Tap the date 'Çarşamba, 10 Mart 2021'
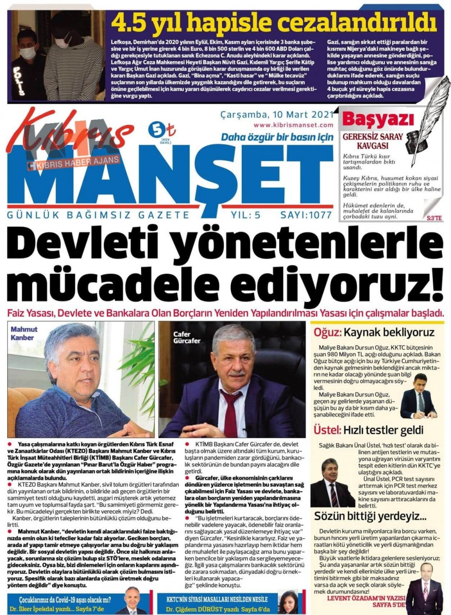click(277, 115)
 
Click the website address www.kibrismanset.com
click(293, 125)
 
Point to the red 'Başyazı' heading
click(378, 120)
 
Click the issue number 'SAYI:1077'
click(306, 215)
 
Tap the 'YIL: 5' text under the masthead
click(246, 215)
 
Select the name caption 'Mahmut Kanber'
click(24, 333)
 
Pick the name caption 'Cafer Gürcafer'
click(187, 338)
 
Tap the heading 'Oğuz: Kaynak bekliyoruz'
click(374, 333)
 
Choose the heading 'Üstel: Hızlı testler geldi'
click(368, 430)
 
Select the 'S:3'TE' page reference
click(434, 218)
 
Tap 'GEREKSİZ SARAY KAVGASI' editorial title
click(373, 141)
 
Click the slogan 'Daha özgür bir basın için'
click(277, 137)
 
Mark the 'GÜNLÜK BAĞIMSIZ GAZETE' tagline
click(98, 215)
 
